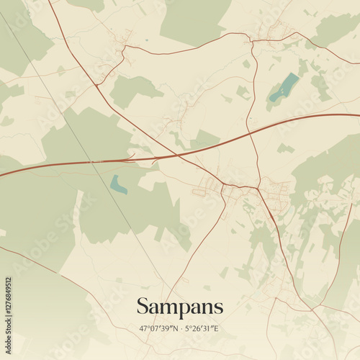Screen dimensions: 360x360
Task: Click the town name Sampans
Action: (180, 307)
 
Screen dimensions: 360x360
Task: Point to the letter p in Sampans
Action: (183, 309)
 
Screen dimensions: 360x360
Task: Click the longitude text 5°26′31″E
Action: (201, 329)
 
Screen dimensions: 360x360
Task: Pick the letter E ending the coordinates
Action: (217, 329)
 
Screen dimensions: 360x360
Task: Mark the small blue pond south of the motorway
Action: (118, 185)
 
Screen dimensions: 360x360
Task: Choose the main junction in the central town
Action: (224, 185)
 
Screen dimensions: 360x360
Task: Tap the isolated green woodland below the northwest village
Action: (133, 90)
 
